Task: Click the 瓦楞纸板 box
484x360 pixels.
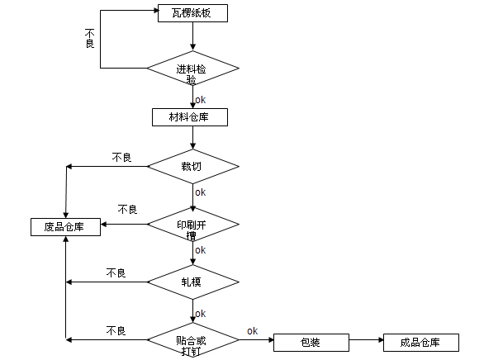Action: click(192, 13)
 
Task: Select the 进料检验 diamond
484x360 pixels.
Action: click(193, 68)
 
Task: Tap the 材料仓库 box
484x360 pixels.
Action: click(190, 117)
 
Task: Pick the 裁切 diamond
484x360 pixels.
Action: click(193, 166)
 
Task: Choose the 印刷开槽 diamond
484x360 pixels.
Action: click(193, 225)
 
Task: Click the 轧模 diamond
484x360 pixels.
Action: click(193, 282)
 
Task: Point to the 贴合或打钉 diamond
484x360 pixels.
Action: click(193, 340)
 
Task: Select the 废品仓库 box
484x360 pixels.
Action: click(65, 227)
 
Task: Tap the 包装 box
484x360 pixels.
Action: click(311, 343)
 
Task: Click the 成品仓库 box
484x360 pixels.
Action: click(421, 343)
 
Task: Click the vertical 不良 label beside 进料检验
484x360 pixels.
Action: click(89, 39)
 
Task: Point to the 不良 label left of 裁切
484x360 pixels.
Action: click(122, 158)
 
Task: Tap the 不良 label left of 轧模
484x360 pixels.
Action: click(116, 273)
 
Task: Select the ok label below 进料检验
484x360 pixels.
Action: click(201, 100)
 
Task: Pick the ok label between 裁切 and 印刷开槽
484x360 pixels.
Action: click(201, 192)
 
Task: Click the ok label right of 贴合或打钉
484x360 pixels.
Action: click(252, 331)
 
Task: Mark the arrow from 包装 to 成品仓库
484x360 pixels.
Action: click(367, 340)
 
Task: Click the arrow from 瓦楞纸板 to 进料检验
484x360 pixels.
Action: click(193, 36)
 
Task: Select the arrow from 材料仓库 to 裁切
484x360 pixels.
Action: click(193, 138)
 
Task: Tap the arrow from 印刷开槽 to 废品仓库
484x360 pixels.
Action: click(124, 225)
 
